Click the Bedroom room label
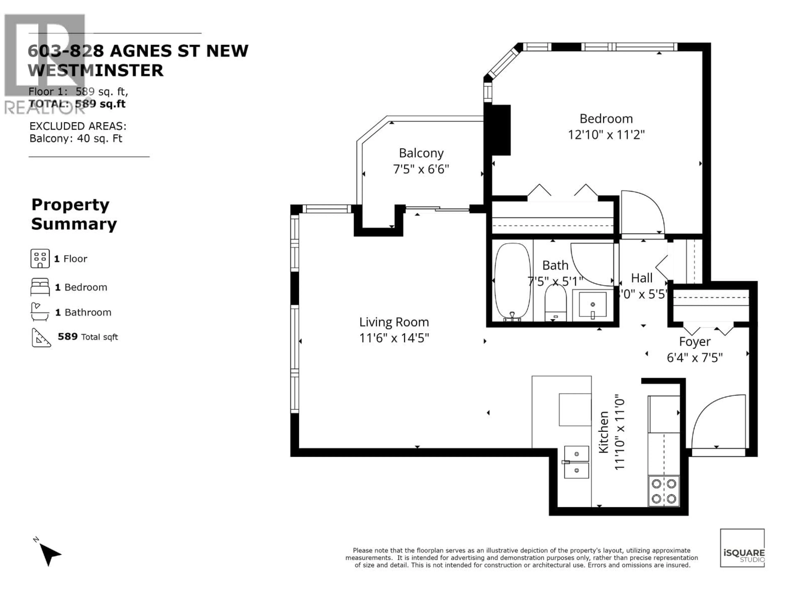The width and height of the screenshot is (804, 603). coord(606,119)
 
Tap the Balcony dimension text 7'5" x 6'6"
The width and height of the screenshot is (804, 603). coord(421,169)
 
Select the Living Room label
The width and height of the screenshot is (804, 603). coord(394,322)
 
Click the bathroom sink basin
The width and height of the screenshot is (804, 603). coord(593,305)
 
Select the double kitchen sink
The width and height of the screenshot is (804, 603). coord(576,462)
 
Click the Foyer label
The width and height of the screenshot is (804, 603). coord(694,342)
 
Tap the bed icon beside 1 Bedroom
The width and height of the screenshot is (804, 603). coord(40,287)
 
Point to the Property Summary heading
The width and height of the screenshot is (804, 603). coord(74,214)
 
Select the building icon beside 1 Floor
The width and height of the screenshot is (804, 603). coord(40,258)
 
